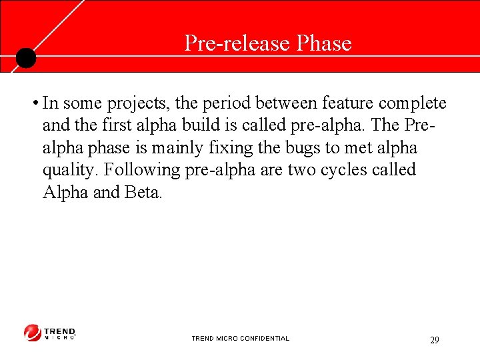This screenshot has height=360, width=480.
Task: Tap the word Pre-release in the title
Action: coord(237,43)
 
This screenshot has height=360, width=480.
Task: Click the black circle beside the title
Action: coord(25,59)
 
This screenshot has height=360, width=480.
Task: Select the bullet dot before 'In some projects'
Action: coord(33,104)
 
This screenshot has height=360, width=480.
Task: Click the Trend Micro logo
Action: coord(50,333)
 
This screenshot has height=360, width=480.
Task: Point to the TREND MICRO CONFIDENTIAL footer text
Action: coord(240,339)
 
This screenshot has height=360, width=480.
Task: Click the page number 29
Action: coord(434,340)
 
